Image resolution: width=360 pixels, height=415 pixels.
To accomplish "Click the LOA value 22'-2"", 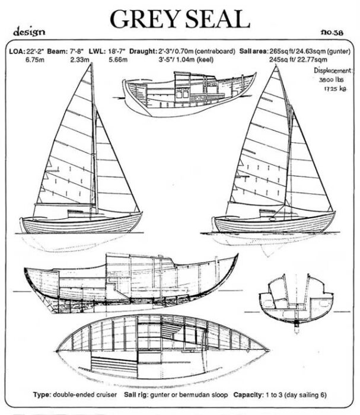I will point(37,52).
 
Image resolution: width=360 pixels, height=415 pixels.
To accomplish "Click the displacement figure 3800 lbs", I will point(331,79).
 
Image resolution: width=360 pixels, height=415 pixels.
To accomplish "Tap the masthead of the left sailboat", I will point(92,65).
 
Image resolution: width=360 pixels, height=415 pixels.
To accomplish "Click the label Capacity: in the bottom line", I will point(250,394).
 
